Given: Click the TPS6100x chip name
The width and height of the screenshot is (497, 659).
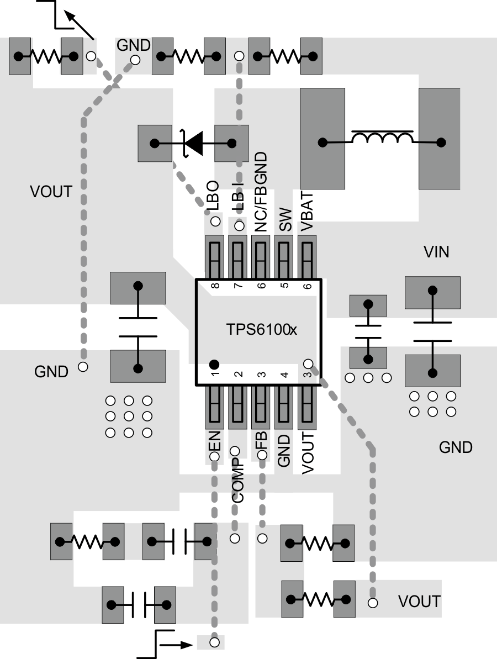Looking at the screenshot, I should point(262,330).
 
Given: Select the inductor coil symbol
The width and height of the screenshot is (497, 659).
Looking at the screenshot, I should point(382,138).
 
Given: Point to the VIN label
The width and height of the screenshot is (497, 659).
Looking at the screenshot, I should point(436,252).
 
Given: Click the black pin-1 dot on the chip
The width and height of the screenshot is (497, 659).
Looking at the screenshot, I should point(214,364).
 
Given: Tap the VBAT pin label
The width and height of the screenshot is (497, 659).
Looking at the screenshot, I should point(308,211).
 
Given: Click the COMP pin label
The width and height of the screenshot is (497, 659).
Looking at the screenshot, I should point(237,479).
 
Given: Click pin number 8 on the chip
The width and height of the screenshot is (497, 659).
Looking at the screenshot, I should point(214,286).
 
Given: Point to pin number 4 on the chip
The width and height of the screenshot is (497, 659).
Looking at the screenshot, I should point(284,375).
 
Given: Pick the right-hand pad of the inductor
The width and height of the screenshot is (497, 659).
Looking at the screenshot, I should point(440,138).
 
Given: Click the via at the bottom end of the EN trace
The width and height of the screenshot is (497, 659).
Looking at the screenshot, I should point(214,642).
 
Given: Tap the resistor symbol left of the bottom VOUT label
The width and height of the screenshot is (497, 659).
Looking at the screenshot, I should point(318,599).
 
